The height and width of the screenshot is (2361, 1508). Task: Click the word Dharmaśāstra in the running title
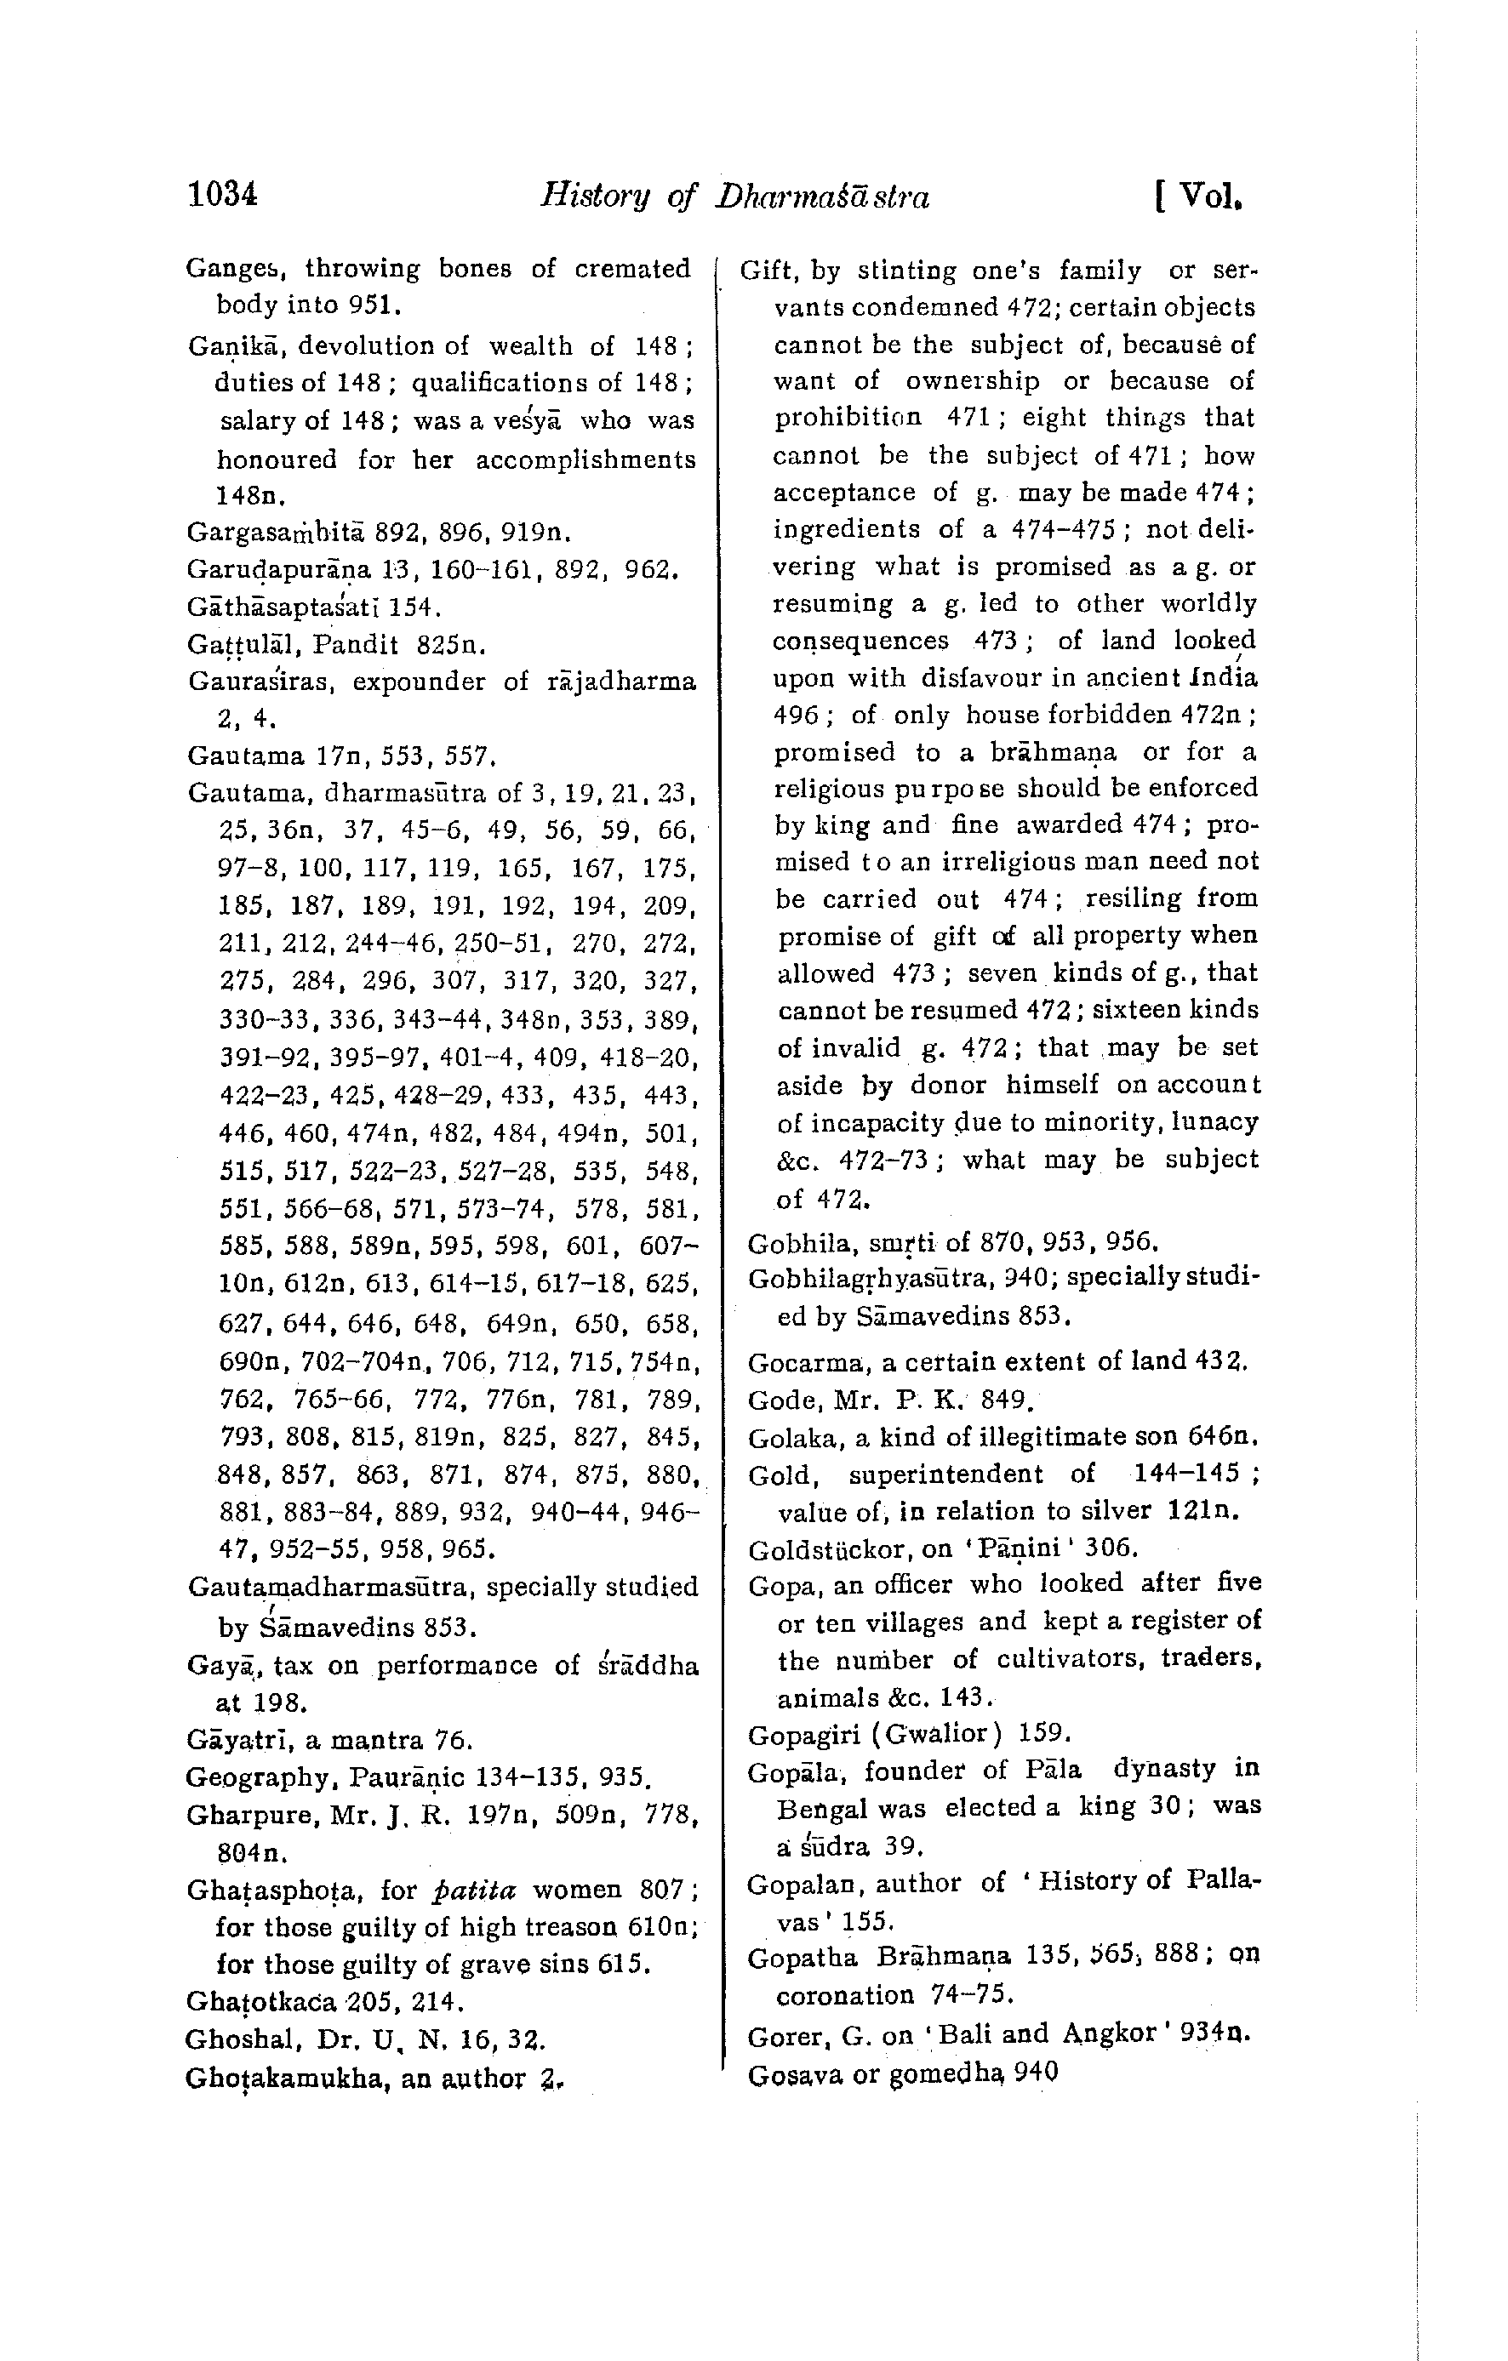tap(821, 197)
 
